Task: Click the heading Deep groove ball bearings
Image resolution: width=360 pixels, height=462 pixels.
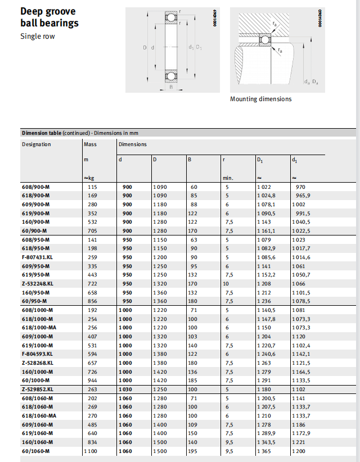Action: [x=49, y=17]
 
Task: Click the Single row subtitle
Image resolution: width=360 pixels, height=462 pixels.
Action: [x=38, y=37]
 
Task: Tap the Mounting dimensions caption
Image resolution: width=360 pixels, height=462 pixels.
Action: [x=260, y=99]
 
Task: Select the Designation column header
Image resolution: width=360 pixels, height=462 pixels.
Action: [x=37, y=144]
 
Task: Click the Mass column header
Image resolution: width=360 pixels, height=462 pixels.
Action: [x=90, y=144]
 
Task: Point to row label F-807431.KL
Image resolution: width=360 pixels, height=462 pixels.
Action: [x=38, y=256]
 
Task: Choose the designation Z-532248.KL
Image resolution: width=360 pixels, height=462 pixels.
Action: [x=38, y=283]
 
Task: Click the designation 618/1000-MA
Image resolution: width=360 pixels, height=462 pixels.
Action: [x=39, y=328]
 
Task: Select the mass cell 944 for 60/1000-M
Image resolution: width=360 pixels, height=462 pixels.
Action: [x=92, y=381]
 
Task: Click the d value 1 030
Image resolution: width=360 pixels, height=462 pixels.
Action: [x=127, y=389]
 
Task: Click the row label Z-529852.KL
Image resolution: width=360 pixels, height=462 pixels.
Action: [x=38, y=389]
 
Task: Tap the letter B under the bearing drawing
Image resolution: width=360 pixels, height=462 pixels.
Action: [x=170, y=87]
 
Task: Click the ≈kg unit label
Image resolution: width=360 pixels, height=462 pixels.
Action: [x=89, y=178]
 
